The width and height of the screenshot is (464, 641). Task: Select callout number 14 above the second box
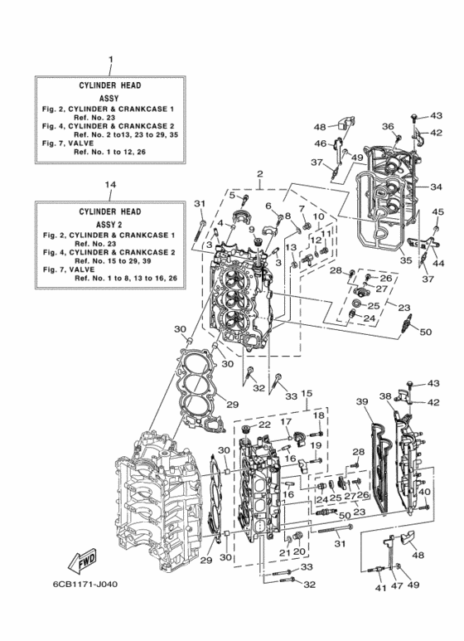click(x=110, y=183)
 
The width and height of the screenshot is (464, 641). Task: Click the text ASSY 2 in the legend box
click(x=110, y=224)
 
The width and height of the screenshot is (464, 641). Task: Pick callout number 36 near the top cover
click(x=387, y=126)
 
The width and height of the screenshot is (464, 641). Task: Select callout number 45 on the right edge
click(x=438, y=212)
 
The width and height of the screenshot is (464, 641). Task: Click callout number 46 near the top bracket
click(x=321, y=143)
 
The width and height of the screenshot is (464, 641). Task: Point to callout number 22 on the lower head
click(x=264, y=425)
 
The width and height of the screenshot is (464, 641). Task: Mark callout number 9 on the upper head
click(x=249, y=230)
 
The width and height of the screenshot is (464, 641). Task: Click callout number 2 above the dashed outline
click(x=259, y=174)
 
